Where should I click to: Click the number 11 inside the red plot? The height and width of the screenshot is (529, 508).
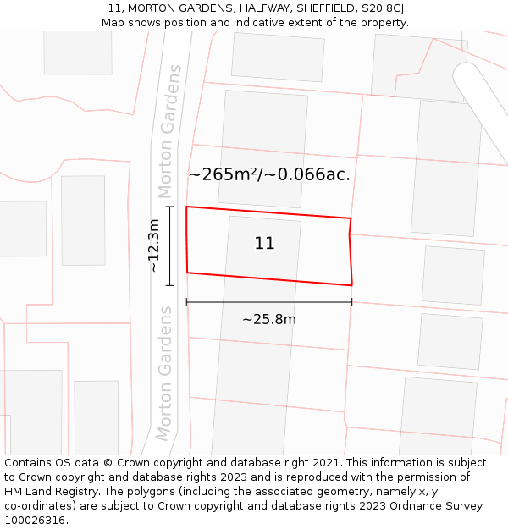[264, 244]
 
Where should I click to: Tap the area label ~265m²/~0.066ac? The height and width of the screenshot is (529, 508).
[269, 175]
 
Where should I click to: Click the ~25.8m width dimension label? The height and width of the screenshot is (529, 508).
[269, 319]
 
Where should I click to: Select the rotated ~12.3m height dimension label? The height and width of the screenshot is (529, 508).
[153, 245]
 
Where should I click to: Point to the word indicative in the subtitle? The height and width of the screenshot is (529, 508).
[256, 22]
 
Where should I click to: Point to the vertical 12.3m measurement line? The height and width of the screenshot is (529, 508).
[170, 245]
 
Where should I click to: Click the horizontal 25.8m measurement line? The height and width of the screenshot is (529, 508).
[269, 302]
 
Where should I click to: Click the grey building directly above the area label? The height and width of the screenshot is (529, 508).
[263, 127]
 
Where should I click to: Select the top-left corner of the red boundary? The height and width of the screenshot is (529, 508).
[186, 207]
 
